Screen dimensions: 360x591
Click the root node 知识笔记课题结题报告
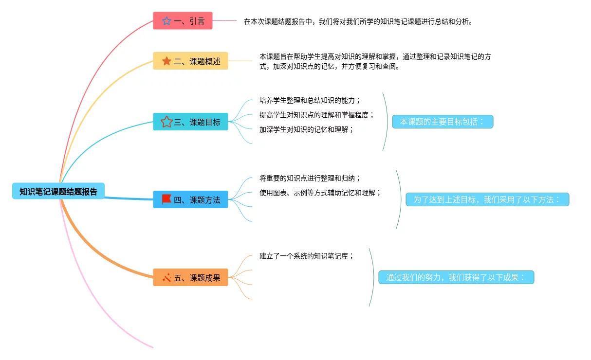point(58,191)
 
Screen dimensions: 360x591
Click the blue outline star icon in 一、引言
point(166,21)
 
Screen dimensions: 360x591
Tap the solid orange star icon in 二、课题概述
point(166,61)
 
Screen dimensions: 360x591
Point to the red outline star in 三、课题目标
point(166,122)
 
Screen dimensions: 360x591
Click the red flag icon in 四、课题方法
point(166,199)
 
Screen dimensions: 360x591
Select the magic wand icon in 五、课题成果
point(166,278)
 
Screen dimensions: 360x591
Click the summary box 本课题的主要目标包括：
point(443,122)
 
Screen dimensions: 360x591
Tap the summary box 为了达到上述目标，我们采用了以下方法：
point(487,199)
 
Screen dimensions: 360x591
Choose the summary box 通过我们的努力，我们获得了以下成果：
point(456,277)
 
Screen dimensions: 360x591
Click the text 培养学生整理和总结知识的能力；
point(310,100)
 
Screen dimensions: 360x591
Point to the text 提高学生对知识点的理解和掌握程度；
point(317,115)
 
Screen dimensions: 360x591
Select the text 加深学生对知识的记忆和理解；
point(307,129)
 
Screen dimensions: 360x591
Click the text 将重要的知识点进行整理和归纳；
point(310,178)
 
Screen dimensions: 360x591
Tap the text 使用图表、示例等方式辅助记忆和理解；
point(320,193)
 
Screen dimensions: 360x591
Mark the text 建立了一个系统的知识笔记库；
point(307,256)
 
